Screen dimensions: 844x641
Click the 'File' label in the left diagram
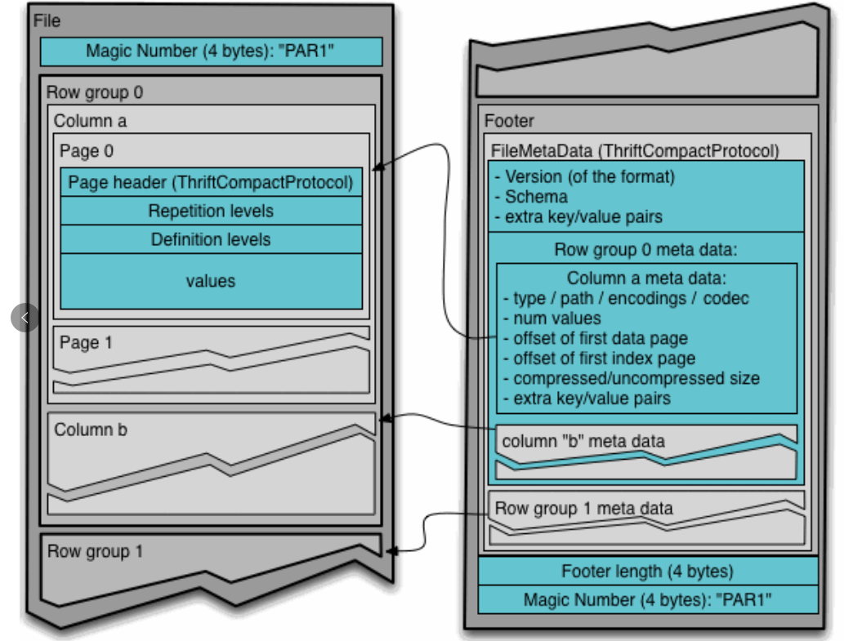pyautogui.click(x=47, y=21)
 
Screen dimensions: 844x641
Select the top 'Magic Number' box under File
pyautogui.click(x=211, y=51)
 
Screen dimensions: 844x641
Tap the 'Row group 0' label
pyautogui.click(x=95, y=92)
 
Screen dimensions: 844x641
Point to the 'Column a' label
pyautogui.click(x=90, y=121)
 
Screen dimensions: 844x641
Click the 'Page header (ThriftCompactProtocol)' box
pyautogui.click(x=211, y=182)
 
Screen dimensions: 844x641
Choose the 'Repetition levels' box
pyautogui.click(x=211, y=211)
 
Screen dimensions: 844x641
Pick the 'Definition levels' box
pyautogui.click(x=211, y=239)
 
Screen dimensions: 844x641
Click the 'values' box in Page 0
pyautogui.click(x=211, y=281)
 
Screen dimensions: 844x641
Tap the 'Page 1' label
pyautogui.click(x=86, y=343)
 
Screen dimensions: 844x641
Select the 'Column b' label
pyautogui.click(x=91, y=430)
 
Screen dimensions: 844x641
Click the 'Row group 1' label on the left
pyautogui.click(x=95, y=551)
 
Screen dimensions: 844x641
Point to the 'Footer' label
pyautogui.click(x=509, y=121)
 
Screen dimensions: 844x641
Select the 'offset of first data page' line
pyautogui.click(x=596, y=338)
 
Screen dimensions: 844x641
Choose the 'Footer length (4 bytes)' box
pyautogui.click(x=648, y=571)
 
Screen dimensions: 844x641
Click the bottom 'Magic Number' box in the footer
pyautogui.click(x=648, y=599)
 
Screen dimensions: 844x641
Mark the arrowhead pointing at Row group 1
pyautogui.click(x=392, y=551)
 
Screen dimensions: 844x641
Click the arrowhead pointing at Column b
pyautogui.click(x=385, y=418)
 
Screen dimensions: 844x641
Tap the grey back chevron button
pyautogui.click(x=25, y=318)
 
